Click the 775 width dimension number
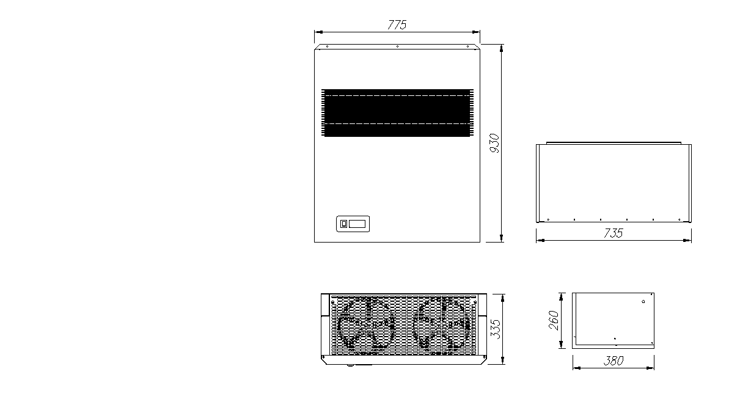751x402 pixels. click(397, 25)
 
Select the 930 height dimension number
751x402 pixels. click(494, 143)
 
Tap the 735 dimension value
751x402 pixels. click(614, 233)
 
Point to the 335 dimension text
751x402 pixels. click(495, 329)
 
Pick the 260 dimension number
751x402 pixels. click(554, 321)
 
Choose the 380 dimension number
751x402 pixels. click(614, 360)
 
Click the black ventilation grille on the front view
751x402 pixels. click(397, 112)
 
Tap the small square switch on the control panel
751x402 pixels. click(343, 224)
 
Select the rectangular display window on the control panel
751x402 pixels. click(357, 224)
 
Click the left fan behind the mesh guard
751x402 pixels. click(366, 324)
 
